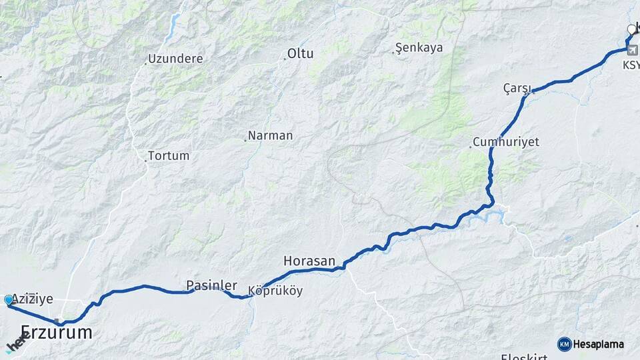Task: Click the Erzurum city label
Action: click(x=57, y=333)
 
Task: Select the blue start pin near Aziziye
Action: click(x=9, y=301)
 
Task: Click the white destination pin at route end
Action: click(x=631, y=29)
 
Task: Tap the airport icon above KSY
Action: click(x=631, y=50)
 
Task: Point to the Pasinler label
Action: click(x=211, y=285)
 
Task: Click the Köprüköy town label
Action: click(x=275, y=291)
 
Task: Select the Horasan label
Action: click(x=309, y=261)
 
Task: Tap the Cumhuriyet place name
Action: click(x=505, y=142)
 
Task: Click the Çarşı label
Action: click(x=515, y=88)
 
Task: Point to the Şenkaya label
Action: click(x=419, y=48)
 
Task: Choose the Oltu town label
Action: click(x=300, y=54)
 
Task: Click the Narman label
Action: click(x=270, y=135)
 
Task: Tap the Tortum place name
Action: click(x=169, y=155)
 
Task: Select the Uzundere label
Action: click(x=175, y=59)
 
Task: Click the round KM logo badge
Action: click(x=564, y=344)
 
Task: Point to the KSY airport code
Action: click(x=631, y=65)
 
